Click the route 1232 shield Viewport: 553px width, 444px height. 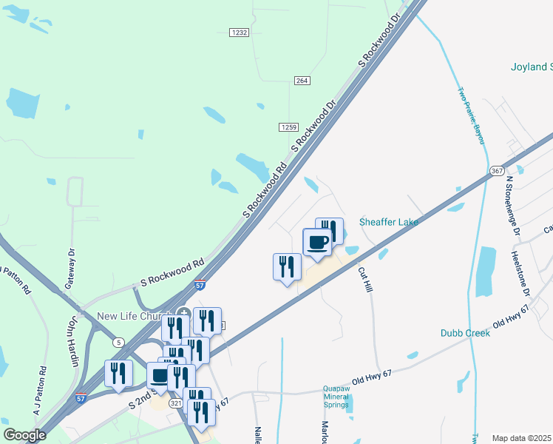[x=239, y=33]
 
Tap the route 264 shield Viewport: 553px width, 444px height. [x=302, y=80]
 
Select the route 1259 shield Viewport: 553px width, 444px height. [x=288, y=127]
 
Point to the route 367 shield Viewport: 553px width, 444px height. [x=497, y=171]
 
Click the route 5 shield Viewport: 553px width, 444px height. [x=118, y=342]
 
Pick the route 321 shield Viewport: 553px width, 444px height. [x=175, y=404]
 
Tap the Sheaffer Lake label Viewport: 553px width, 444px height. [x=389, y=222]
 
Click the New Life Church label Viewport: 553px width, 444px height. [x=135, y=317]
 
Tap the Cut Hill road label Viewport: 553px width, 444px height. [x=365, y=279]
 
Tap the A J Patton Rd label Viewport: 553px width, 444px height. [x=39, y=390]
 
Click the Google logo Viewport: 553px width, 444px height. [x=24, y=435]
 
